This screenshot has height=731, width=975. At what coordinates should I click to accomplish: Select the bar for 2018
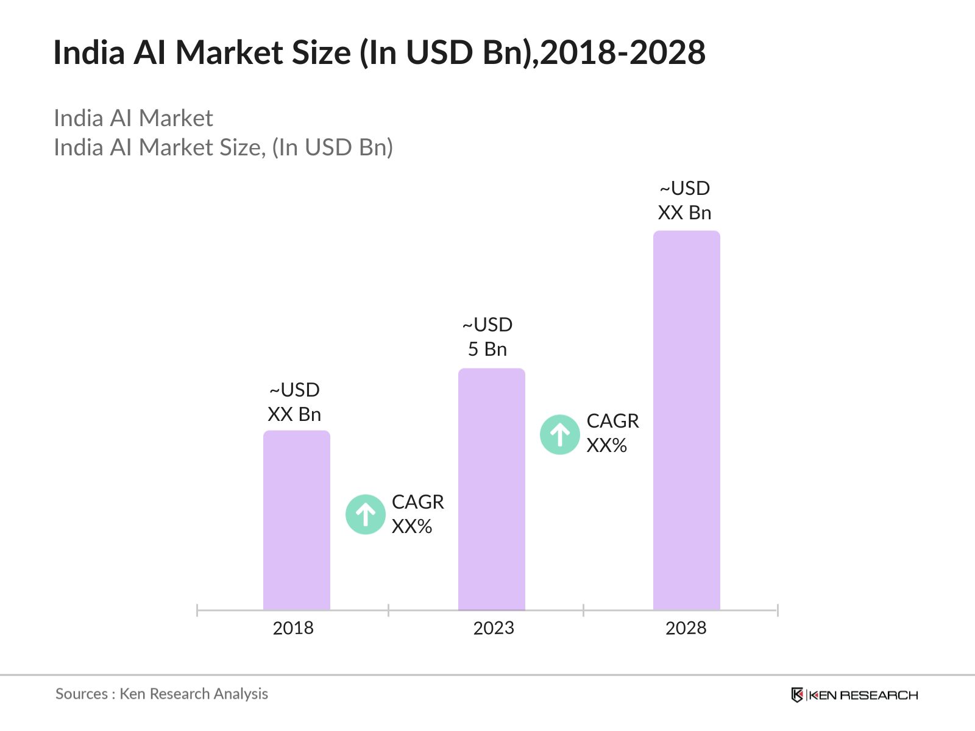click(297, 520)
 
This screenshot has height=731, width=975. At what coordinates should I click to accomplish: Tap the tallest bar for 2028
click(687, 420)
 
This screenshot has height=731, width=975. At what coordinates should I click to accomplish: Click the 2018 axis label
click(293, 628)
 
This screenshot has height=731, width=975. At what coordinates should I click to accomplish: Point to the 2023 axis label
click(494, 628)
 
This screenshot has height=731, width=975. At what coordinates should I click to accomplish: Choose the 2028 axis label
click(686, 628)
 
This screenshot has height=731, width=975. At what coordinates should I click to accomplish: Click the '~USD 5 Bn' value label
click(487, 337)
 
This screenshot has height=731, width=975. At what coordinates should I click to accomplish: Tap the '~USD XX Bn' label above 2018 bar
click(294, 402)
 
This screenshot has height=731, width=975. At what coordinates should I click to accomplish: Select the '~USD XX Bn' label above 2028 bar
click(685, 200)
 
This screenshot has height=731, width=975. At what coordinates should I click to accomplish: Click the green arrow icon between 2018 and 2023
click(366, 515)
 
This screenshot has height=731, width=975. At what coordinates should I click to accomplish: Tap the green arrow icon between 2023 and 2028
click(560, 435)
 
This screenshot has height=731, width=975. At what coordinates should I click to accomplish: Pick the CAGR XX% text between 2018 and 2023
click(417, 514)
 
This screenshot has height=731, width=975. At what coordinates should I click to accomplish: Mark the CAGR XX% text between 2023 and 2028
click(612, 433)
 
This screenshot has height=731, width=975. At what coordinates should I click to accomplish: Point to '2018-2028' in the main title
click(623, 52)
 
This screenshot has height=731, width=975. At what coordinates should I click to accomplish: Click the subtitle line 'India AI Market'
click(133, 118)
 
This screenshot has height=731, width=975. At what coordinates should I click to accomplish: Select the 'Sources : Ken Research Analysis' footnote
click(161, 694)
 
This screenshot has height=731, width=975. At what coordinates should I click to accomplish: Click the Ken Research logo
click(854, 695)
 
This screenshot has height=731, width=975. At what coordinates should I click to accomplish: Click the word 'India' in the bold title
click(89, 52)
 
